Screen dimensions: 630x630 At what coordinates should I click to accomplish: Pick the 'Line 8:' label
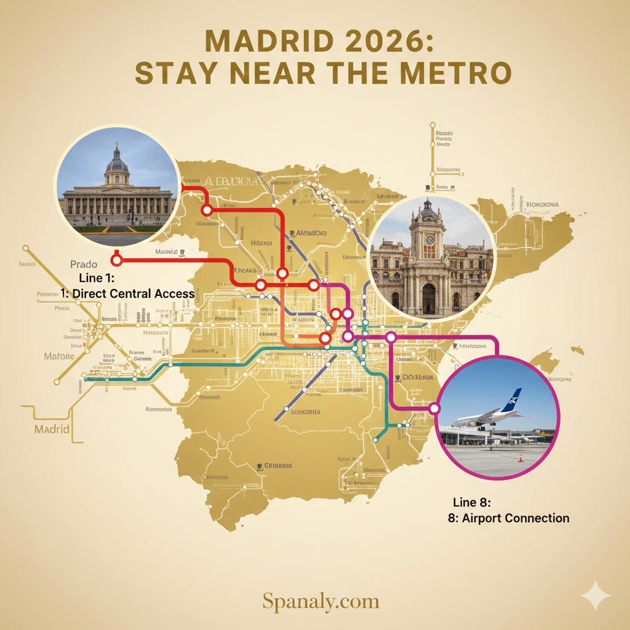click(471, 503)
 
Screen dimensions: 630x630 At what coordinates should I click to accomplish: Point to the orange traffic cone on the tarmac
click(520, 457)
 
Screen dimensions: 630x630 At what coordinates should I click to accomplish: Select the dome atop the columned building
click(117, 161)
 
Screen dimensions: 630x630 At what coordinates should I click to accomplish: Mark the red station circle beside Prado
click(117, 260)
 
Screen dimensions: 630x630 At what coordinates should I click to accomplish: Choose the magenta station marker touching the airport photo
click(434, 408)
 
